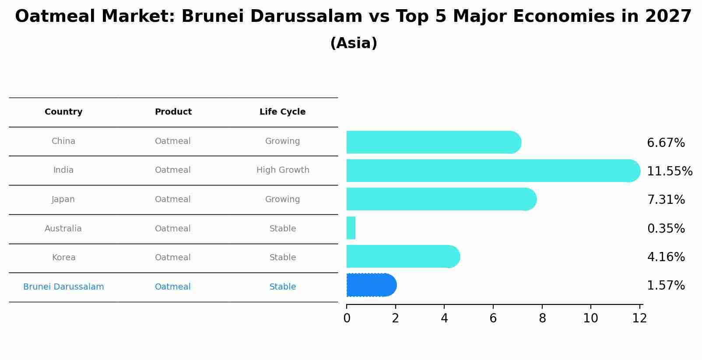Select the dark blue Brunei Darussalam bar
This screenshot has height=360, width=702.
371,285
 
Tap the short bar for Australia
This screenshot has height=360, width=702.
351,228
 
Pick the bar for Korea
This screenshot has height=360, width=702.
403,256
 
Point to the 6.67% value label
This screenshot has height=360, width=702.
666,143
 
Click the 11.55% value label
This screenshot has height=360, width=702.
669,171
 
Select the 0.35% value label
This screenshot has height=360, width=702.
666,228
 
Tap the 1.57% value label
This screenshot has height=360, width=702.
666,286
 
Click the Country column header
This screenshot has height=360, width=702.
63,112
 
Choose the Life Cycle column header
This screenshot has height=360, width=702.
282,112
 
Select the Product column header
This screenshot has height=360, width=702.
173,112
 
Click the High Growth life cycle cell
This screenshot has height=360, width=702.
283,170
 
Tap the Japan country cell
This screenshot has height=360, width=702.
63,199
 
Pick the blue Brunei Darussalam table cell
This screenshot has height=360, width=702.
63,287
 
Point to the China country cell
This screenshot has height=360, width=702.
63,141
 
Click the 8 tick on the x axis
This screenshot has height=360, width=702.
542,318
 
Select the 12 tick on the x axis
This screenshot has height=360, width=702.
639,318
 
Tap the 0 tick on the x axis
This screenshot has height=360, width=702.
347,318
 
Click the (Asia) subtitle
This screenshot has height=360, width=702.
354,43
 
